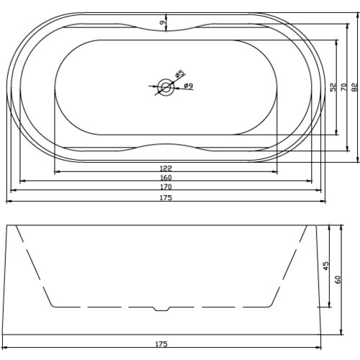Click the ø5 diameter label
(x=179, y=73)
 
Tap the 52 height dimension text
(x=333, y=86)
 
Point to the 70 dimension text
(x=344, y=86)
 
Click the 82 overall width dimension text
(x=354, y=86)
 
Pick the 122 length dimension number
(x=167, y=168)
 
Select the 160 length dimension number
(x=167, y=177)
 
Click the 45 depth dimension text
(x=326, y=266)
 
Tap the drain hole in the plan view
(x=166, y=87)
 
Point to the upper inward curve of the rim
(x=166, y=33)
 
